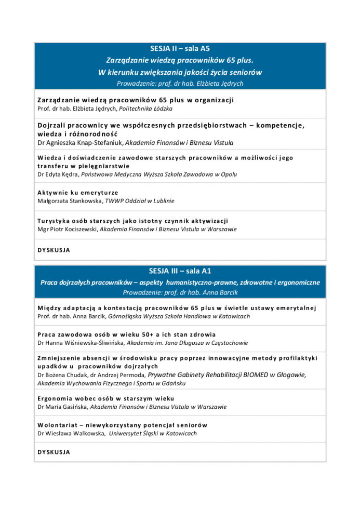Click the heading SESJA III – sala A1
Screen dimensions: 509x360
(180, 271)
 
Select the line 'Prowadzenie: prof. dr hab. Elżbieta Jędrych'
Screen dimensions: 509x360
(180, 83)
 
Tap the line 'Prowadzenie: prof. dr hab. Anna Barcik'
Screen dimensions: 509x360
(180, 293)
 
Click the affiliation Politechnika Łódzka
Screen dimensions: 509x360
(145, 109)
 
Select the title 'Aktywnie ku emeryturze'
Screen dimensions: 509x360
(78, 193)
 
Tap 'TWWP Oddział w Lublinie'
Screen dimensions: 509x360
(140, 200)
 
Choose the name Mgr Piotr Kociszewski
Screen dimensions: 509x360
(67, 229)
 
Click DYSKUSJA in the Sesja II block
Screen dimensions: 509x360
(54, 250)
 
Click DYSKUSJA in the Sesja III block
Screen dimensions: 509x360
(54, 452)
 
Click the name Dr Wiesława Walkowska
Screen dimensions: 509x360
(71, 433)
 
